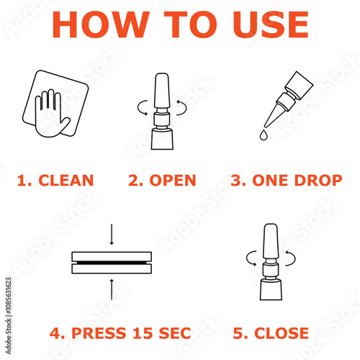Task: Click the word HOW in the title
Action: (x=101, y=24)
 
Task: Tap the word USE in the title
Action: (x=271, y=24)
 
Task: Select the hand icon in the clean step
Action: (x=53, y=113)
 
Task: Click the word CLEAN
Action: (x=66, y=180)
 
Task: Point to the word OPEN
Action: (x=173, y=180)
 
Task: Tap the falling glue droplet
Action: (x=264, y=135)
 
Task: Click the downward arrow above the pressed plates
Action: (x=112, y=234)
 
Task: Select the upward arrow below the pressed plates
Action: (x=112, y=289)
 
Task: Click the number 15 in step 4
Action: (x=143, y=333)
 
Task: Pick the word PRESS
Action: (x=99, y=333)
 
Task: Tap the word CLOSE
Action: (x=282, y=333)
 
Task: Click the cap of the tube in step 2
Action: (x=162, y=91)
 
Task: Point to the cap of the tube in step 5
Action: (x=271, y=241)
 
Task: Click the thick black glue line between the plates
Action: (x=112, y=263)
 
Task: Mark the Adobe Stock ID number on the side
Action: (x=9, y=296)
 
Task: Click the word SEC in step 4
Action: (x=175, y=333)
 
